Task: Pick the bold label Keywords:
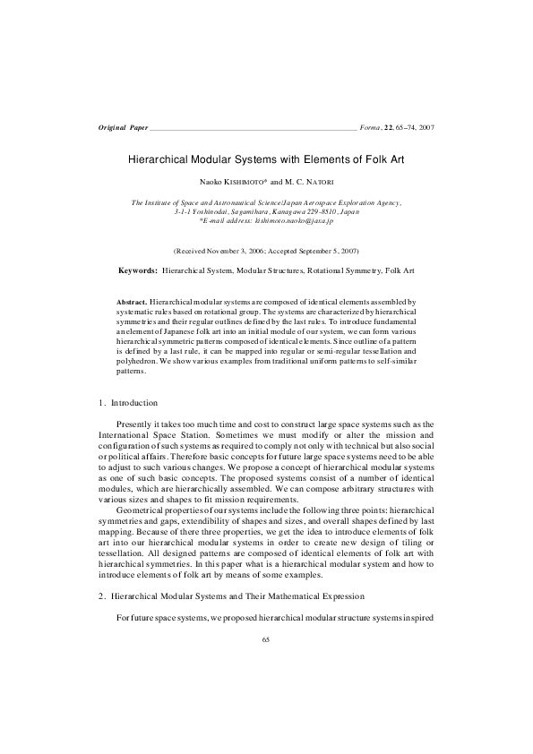click(138, 270)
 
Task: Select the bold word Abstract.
click(133, 304)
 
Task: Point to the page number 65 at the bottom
click(266, 639)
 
